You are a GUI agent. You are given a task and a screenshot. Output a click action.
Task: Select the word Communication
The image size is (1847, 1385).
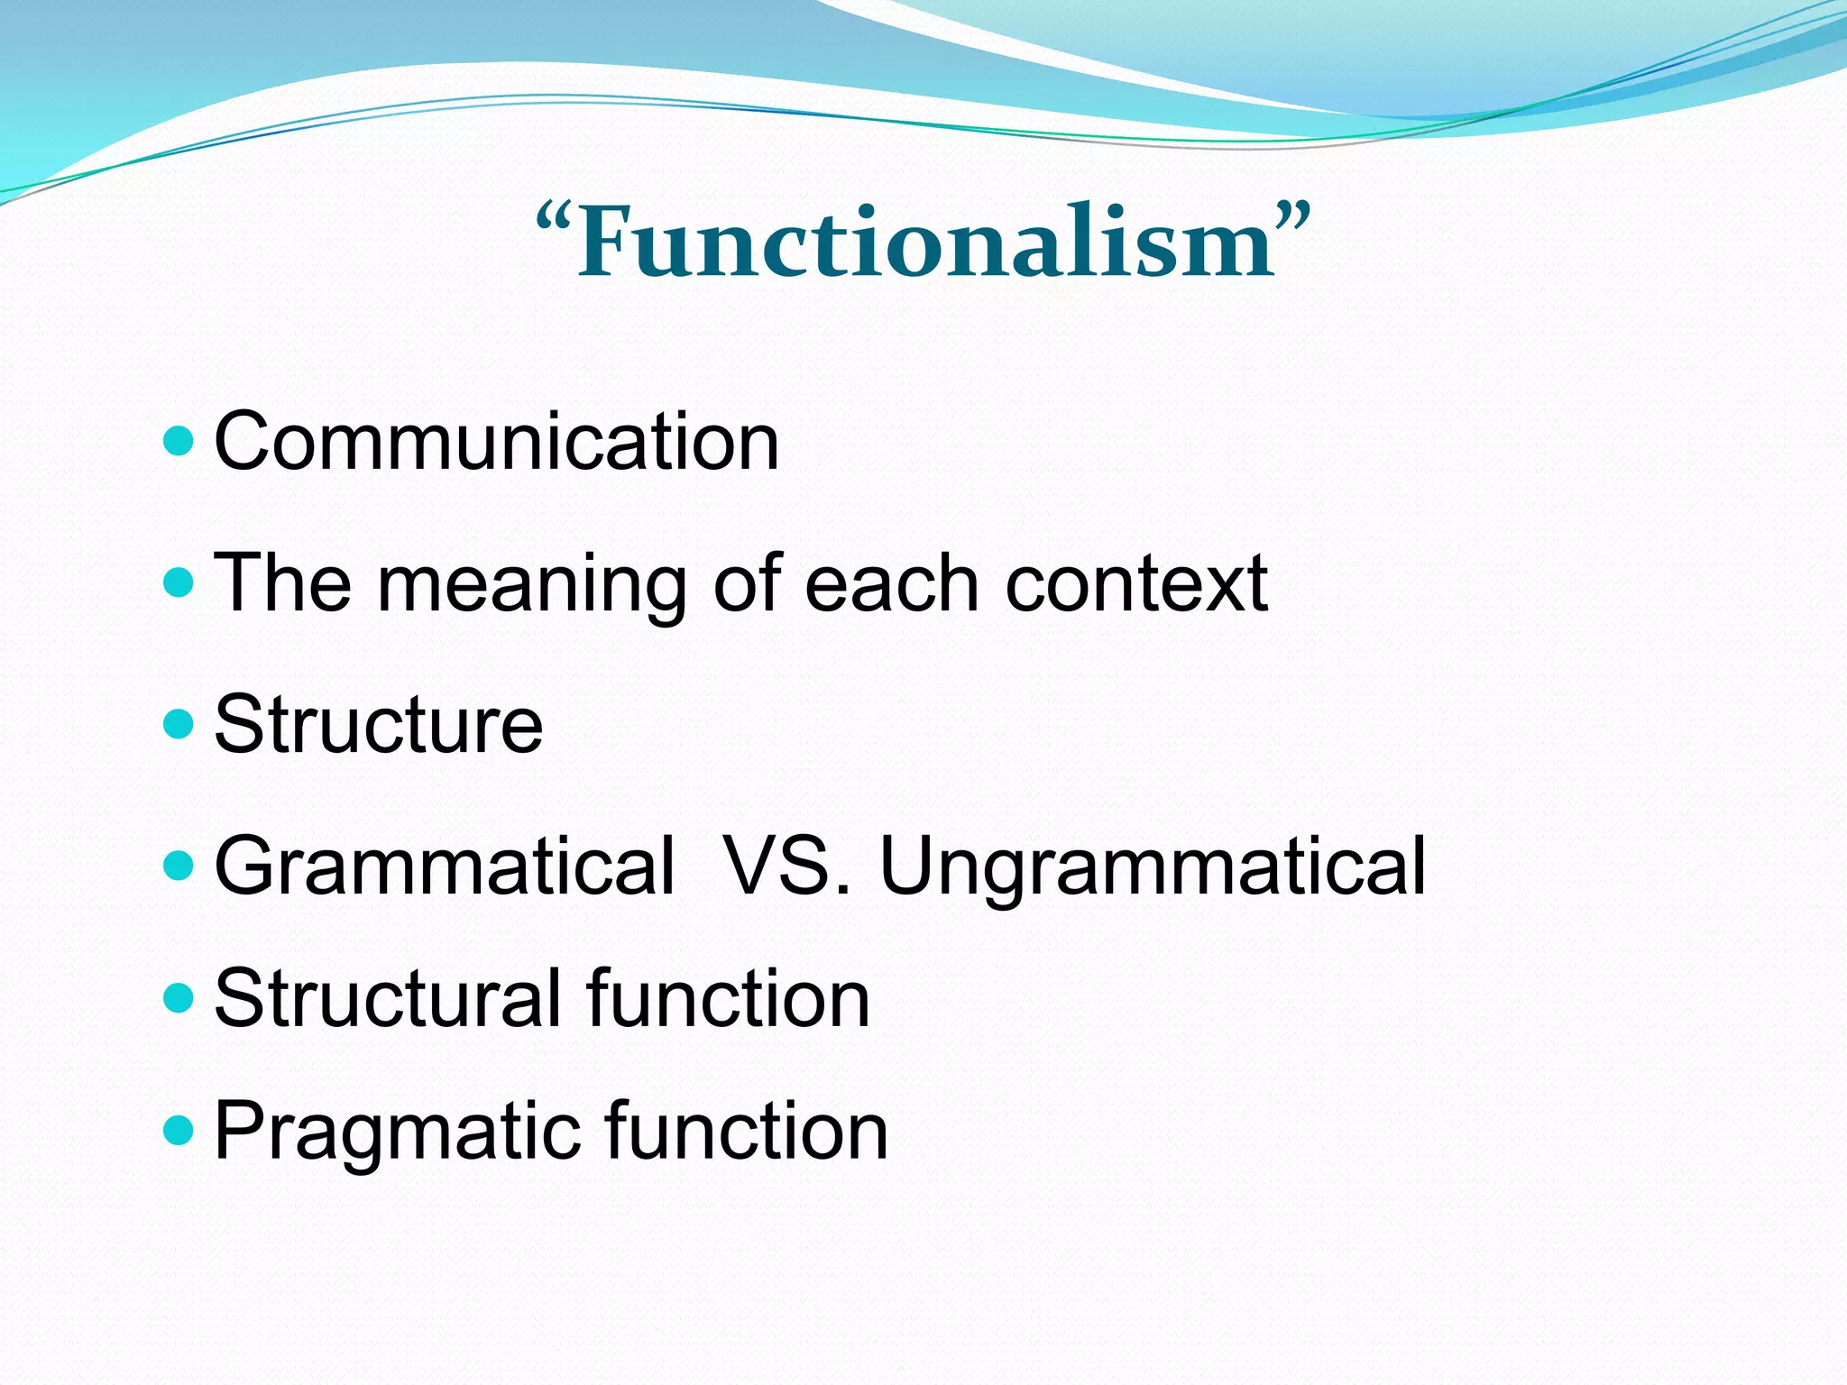click(496, 442)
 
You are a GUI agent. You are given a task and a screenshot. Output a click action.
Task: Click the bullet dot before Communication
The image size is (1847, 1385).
click(179, 441)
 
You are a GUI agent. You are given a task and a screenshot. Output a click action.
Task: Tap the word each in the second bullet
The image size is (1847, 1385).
click(891, 584)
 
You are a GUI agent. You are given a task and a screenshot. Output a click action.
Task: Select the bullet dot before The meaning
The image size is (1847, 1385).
click(179, 582)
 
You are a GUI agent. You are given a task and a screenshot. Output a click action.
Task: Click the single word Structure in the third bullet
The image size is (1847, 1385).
click(379, 725)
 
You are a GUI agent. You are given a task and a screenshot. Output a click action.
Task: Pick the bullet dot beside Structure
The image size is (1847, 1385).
click(179, 724)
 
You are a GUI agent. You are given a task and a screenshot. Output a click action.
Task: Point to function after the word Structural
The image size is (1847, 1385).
click(728, 998)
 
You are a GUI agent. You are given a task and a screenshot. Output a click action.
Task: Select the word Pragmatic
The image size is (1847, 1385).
click(397, 1133)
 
